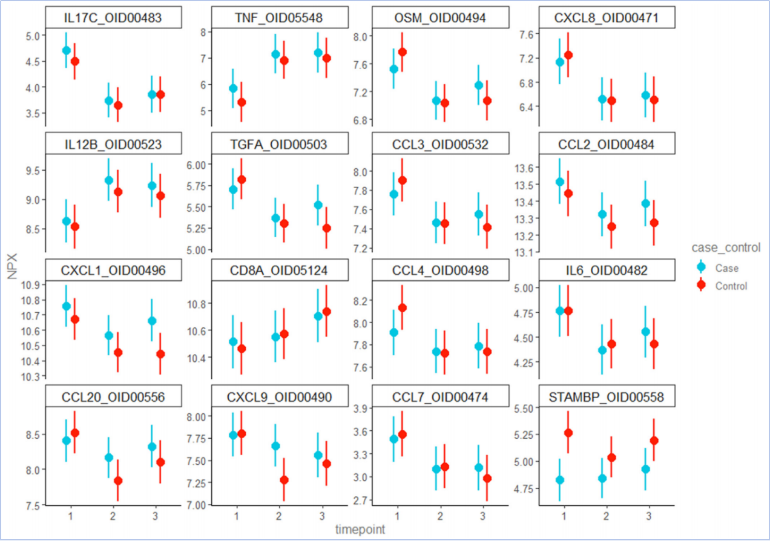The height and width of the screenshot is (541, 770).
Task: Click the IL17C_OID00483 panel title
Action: [x=113, y=19]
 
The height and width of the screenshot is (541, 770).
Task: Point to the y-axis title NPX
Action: [x=13, y=266]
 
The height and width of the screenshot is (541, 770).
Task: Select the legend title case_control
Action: [x=726, y=248]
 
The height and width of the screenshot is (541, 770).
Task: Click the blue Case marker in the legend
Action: [x=702, y=267]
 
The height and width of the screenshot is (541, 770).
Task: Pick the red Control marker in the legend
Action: [x=702, y=286]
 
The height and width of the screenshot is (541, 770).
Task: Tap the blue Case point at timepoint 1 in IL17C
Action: [x=67, y=50]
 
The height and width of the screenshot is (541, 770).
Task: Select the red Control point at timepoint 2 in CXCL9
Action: [x=283, y=480]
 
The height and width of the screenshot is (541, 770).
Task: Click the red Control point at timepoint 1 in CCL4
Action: [x=403, y=307]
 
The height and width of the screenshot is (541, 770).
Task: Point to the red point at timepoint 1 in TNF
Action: [x=242, y=102]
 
